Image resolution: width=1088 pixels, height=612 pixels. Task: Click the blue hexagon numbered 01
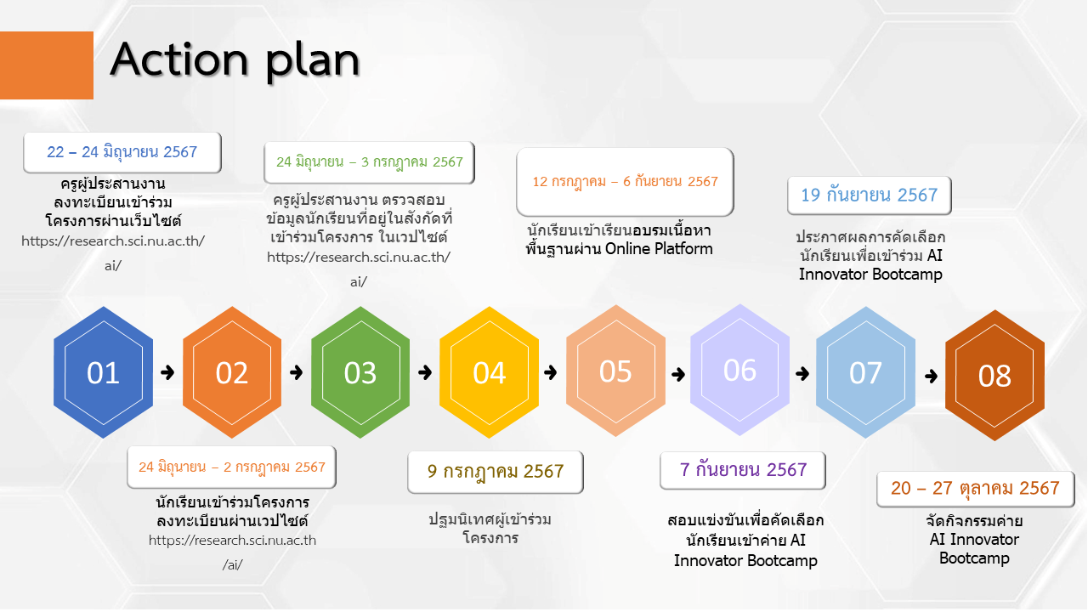pyautogui.click(x=103, y=372)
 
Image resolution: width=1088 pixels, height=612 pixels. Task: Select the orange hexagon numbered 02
pyautogui.click(x=232, y=372)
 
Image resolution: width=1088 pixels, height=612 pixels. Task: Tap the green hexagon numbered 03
pyautogui.click(x=360, y=372)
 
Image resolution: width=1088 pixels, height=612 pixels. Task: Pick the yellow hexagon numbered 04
pyautogui.click(x=489, y=372)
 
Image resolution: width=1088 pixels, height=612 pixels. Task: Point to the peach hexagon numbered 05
pyautogui.click(x=615, y=371)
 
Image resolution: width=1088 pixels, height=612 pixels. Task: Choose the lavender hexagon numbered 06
pyautogui.click(x=739, y=370)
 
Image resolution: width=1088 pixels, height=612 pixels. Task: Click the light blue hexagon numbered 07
pyautogui.click(x=865, y=372)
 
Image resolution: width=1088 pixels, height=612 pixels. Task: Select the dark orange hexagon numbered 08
pyautogui.click(x=994, y=376)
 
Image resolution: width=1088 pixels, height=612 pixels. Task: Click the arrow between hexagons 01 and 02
pyautogui.click(x=167, y=372)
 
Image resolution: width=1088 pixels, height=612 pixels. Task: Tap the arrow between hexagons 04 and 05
pyautogui.click(x=551, y=372)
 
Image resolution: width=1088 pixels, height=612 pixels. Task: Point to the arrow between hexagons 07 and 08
pyautogui.click(x=931, y=376)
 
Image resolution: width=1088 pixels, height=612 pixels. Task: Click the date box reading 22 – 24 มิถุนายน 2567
pyautogui.click(x=122, y=152)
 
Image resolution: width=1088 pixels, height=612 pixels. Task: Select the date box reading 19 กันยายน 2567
pyautogui.click(x=870, y=195)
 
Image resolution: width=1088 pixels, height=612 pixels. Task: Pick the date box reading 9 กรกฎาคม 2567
pyautogui.click(x=496, y=472)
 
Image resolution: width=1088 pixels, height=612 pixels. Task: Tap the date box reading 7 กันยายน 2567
pyautogui.click(x=743, y=470)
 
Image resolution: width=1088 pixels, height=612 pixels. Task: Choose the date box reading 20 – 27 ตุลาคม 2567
pyautogui.click(x=975, y=489)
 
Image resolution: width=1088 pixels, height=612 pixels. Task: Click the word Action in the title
pyautogui.click(x=179, y=59)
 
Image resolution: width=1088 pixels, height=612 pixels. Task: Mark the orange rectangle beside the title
pyautogui.click(x=47, y=65)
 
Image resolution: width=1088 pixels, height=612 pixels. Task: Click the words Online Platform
pyautogui.click(x=659, y=249)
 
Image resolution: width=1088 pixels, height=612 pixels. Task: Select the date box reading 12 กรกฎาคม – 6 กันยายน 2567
pyautogui.click(x=625, y=182)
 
